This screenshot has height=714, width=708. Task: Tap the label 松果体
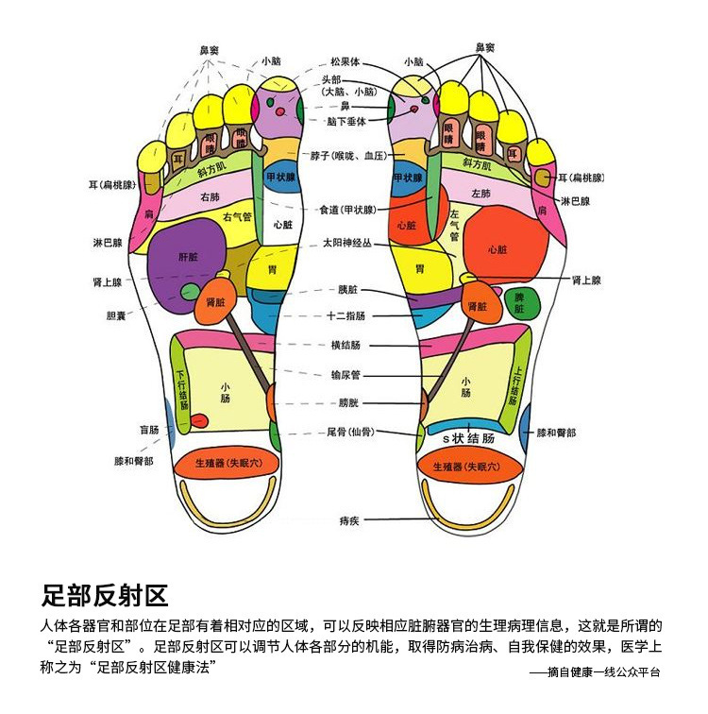pos(346,61)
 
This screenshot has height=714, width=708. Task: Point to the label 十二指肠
pos(346,316)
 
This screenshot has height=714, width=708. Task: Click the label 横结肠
pos(346,346)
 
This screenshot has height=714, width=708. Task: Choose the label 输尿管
pos(346,375)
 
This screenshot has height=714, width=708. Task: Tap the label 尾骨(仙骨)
pos(350,432)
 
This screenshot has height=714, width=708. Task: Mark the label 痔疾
pos(348,520)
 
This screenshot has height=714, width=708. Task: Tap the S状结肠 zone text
pos(469,439)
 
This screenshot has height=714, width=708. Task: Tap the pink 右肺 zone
pos(210,197)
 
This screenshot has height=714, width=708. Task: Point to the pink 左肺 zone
pos(480,194)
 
